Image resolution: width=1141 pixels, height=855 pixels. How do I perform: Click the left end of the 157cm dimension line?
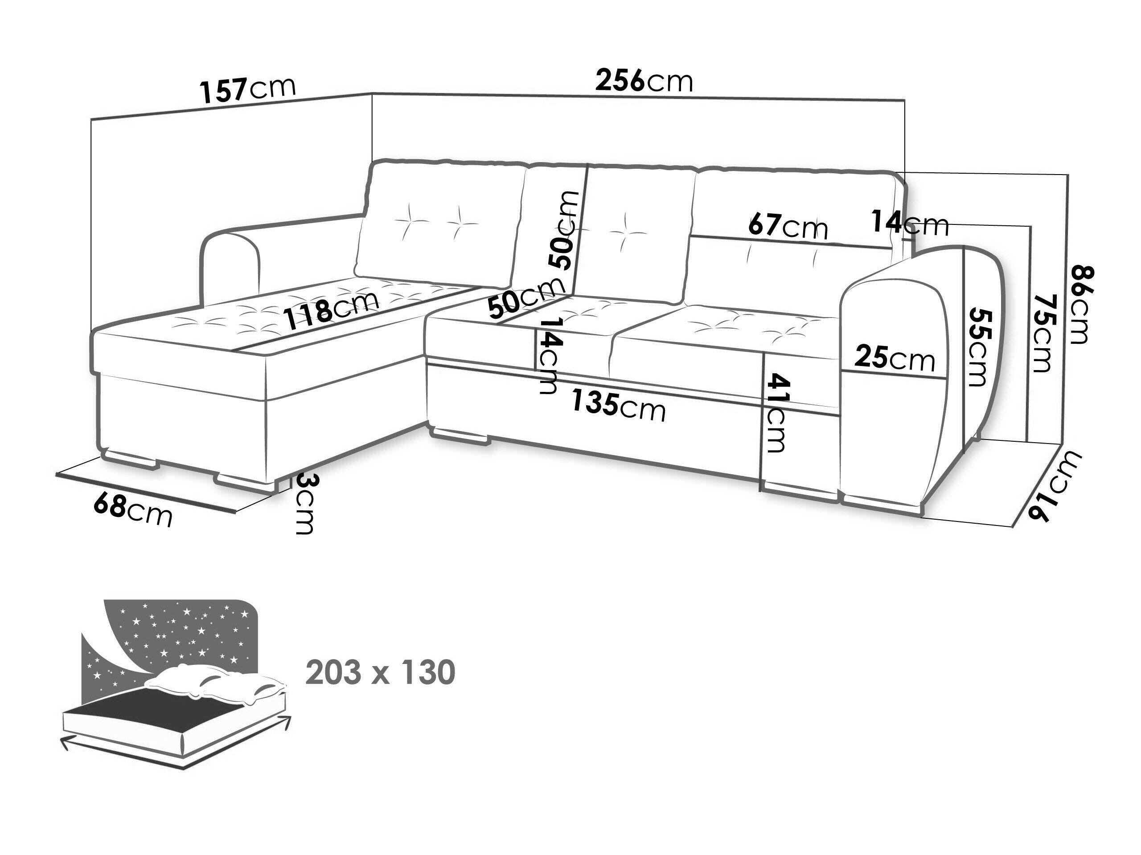click(x=91, y=119)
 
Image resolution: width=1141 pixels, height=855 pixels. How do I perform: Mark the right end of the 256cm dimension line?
click(x=905, y=99)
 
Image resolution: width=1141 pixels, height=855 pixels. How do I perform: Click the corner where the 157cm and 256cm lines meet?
click(x=373, y=93)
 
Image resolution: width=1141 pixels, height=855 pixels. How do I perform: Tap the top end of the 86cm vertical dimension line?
click(x=1068, y=175)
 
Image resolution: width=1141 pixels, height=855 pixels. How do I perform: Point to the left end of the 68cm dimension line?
click(x=56, y=473)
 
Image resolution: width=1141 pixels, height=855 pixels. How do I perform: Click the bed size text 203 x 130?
click(x=381, y=672)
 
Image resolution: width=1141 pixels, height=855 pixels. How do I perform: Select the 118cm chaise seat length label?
click(x=332, y=309)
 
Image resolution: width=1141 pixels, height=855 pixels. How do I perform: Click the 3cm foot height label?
click(x=304, y=504)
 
